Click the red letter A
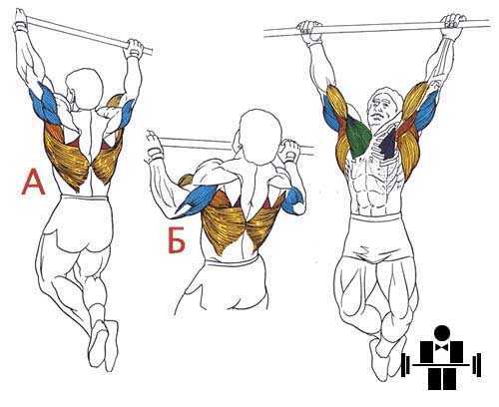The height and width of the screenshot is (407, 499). coord(33,182)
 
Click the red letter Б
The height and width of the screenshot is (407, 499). coord(177,240)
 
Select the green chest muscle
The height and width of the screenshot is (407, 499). coord(358,136)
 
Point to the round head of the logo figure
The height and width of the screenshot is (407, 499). coord(442,333)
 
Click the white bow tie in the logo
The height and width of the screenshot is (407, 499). coord(442,347)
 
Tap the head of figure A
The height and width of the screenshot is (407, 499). coord(84,89)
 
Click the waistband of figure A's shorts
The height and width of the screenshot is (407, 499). coord(85,198)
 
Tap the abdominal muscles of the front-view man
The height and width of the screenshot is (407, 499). coord(371,188)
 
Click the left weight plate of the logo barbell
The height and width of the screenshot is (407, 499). coord(404,365)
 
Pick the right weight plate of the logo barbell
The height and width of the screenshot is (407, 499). coord(479,365)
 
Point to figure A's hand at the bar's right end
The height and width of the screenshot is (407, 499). coord(134,48)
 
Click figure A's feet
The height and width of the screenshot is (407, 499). coord(104,344)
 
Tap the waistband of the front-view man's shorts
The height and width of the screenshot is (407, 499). coord(376,217)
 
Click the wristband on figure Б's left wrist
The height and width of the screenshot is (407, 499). coord(153,153)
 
